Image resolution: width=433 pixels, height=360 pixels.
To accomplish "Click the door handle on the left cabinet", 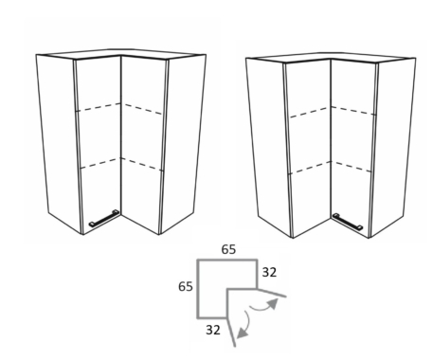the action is (x=104, y=218).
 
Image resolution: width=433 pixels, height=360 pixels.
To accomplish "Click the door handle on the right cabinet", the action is (x=348, y=222).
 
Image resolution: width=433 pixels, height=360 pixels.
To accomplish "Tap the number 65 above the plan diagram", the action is (x=228, y=249).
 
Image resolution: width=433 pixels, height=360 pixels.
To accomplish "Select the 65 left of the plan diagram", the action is (x=186, y=286).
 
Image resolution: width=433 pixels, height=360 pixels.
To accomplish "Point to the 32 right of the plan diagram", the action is (x=269, y=272).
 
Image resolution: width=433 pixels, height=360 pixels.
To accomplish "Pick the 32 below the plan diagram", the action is (x=213, y=330).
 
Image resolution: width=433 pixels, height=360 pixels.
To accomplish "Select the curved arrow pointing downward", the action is (x=244, y=325).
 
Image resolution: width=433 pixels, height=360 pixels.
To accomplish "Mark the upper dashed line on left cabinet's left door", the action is (x=99, y=107).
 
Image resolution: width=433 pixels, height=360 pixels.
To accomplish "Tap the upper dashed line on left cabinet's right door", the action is (x=143, y=109).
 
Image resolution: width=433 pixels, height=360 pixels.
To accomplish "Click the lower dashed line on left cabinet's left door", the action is (x=99, y=163).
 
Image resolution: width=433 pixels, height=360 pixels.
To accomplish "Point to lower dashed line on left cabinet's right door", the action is (x=142, y=165).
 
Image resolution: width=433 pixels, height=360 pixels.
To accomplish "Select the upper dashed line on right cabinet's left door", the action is (x=310, y=113).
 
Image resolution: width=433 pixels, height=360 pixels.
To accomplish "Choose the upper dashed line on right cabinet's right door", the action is (x=353, y=111).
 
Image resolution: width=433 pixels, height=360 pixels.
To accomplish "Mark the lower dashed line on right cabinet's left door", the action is (x=311, y=168).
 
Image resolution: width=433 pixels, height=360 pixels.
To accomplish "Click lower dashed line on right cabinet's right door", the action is (x=352, y=167).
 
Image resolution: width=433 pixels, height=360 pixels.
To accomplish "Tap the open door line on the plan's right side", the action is (x=272, y=293).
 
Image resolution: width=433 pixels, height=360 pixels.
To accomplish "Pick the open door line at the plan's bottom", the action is (x=231, y=332).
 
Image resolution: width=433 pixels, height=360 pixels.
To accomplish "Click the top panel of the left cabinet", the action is (x=121, y=54).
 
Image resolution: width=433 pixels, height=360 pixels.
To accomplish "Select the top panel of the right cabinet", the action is (x=331, y=58).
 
